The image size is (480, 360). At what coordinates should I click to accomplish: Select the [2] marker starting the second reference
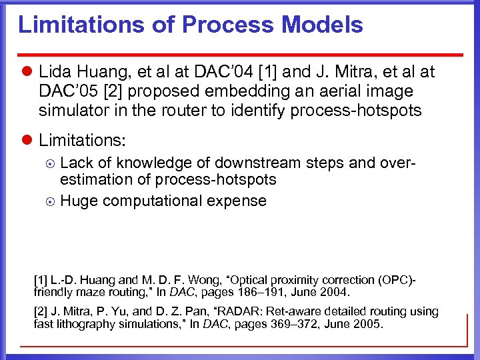click(x=41, y=311)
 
